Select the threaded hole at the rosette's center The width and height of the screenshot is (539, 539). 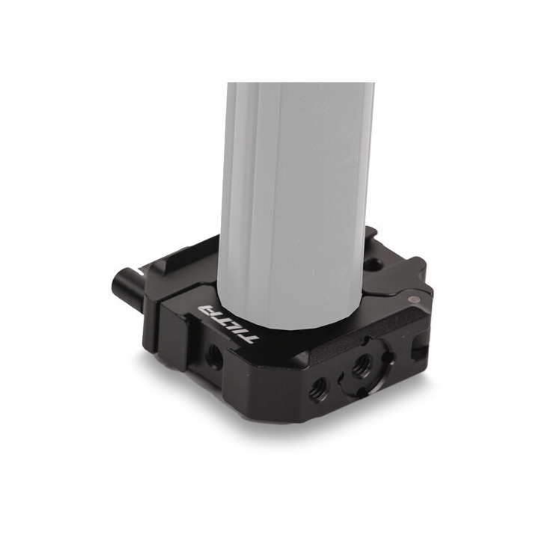[363, 365]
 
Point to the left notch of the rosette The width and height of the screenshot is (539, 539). [341, 372]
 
